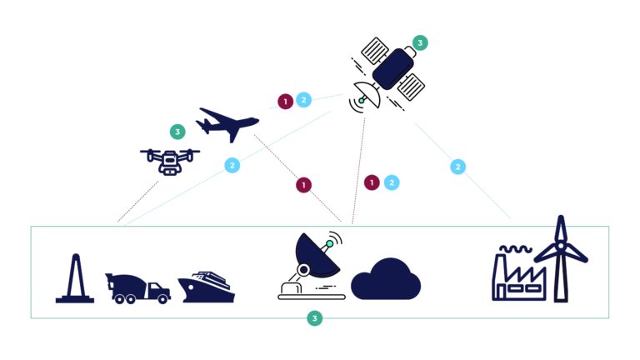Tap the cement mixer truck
point(137,286)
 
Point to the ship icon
point(206,287)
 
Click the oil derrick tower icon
point(74,278)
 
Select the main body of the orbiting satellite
point(392,67)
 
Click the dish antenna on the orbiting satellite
point(367,97)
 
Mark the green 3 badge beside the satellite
point(420,42)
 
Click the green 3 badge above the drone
point(177,132)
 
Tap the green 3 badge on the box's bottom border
point(313,318)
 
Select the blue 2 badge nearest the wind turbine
point(457,167)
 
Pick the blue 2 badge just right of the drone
point(232,165)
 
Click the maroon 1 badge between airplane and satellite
point(285,101)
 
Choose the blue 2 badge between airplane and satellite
point(303,100)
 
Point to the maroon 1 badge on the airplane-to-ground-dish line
point(303,185)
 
